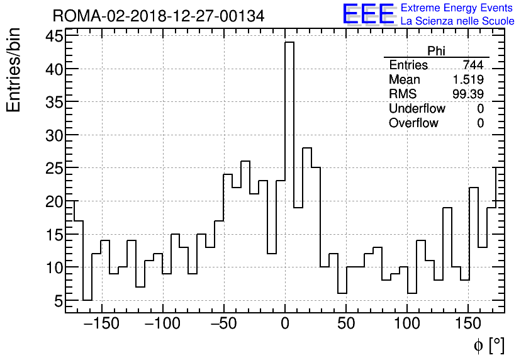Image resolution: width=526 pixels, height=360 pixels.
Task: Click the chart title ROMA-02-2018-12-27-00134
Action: tap(159, 16)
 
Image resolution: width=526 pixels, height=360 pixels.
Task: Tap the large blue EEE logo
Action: tap(368, 14)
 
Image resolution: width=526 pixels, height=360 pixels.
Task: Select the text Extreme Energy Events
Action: tap(457, 8)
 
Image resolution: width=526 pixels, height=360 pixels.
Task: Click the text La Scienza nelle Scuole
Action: tap(457, 21)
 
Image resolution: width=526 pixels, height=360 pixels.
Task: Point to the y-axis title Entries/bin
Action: tap(14, 70)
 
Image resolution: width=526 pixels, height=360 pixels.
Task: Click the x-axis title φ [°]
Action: tap(489, 345)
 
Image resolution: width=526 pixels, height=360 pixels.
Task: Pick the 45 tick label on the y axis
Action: tap(54, 36)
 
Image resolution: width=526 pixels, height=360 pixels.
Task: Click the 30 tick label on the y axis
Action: tap(54, 135)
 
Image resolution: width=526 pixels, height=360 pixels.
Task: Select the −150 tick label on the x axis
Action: tap(101, 324)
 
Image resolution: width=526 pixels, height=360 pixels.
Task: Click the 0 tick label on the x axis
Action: tap(285, 324)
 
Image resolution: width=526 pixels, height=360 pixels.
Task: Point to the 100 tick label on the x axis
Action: tap(407, 324)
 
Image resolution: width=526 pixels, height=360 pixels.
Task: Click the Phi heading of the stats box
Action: tap(436, 52)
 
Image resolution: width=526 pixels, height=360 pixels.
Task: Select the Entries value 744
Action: tap(473, 65)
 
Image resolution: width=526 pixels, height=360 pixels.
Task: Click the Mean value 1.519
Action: tap(468, 80)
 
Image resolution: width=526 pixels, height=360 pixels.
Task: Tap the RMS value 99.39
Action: tap(468, 94)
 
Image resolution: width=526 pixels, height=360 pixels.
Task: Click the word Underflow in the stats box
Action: tap(417, 109)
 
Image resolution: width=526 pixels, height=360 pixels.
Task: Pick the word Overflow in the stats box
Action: tap(413, 123)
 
